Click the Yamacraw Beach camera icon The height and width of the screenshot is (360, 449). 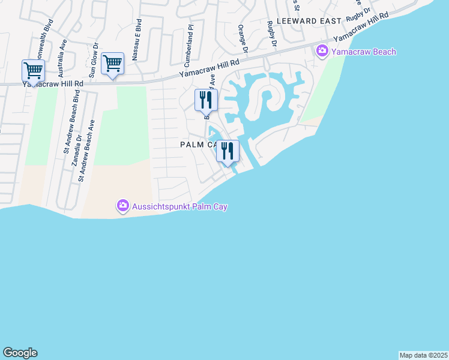pos(322,52)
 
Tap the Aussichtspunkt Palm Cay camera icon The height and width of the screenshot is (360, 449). pos(123,206)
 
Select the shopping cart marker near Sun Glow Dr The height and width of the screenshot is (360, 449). pos(112,64)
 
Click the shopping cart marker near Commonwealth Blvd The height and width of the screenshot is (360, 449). pos(33,71)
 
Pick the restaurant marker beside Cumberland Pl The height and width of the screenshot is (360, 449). pos(206,100)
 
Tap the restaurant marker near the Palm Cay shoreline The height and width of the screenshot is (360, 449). pos(228,151)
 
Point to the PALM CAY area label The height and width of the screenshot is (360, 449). pos(198,145)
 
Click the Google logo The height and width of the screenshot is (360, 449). pos(20,353)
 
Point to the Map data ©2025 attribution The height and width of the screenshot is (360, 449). pos(423,355)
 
